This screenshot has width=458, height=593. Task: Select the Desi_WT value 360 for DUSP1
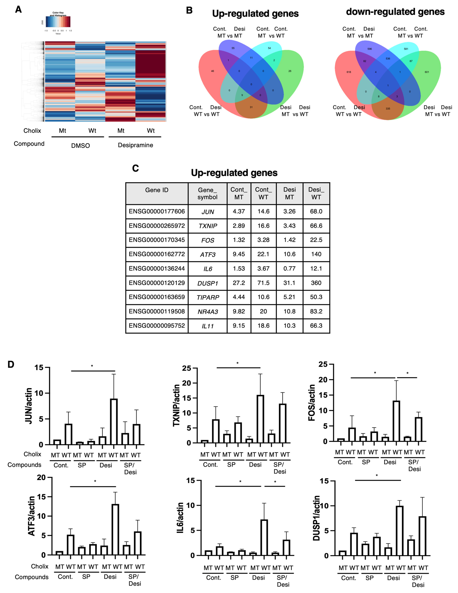[316, 283]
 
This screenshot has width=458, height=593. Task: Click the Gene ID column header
[157, 190]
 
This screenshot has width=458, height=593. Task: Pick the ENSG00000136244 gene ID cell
[157, 268]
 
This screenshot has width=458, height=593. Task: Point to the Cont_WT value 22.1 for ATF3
[263, 254]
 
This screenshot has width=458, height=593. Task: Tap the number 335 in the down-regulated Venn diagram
[388, 109]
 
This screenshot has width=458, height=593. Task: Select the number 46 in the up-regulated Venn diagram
[212, 71]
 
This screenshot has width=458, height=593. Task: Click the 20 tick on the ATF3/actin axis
[41, 477]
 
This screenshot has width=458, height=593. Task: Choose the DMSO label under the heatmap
[81, 146]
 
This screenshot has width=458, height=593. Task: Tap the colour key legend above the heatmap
[58, 22]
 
